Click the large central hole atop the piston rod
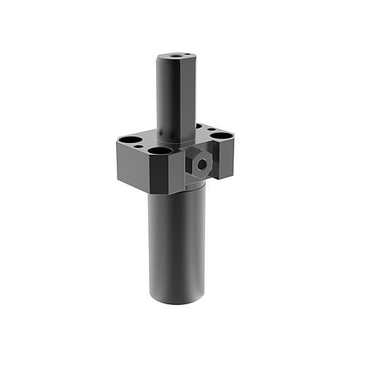click(177, 54)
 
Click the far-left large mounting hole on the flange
click(128, 139)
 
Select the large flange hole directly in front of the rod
click(160, 151)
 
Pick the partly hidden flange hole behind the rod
click(199, 126)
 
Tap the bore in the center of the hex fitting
click(201, 164)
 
